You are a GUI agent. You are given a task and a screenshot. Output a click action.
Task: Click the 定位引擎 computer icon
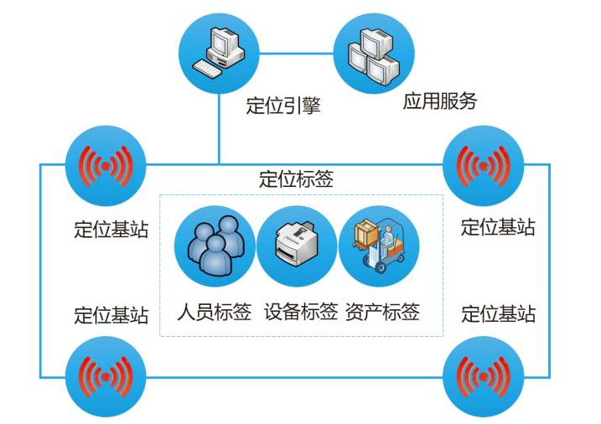219,53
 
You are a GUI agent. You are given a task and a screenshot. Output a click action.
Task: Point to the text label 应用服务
440,101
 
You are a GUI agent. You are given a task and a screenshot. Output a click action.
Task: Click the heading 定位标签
296,179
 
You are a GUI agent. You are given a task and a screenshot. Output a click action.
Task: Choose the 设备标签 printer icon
297,246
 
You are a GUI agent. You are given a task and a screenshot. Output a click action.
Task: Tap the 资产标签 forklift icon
379,246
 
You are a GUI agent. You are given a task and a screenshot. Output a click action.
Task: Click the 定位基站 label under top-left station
111,229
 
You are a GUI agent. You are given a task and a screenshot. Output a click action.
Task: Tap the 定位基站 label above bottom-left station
111,315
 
